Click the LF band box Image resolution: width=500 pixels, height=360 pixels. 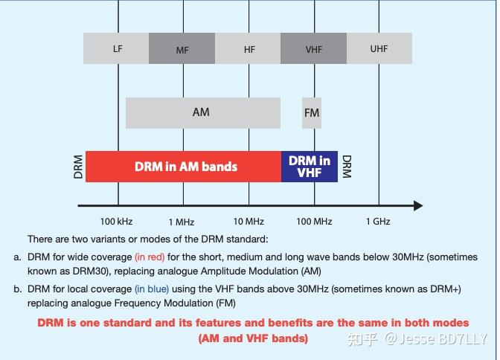coord(116,48)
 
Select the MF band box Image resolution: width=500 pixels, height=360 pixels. coord(182,48)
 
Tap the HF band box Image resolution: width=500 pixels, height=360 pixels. coord(248,48)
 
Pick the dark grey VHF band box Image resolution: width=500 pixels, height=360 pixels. coord(313,48)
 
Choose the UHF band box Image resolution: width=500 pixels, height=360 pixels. coord(379,48)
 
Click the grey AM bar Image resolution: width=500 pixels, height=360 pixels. coord(203,113)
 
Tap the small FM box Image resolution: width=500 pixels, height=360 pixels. coord(312,113)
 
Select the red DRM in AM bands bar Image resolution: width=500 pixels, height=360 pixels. coord(183,167)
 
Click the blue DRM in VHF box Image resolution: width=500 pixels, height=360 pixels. coord(310,167)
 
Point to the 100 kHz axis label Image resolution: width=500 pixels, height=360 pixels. coord(116,222)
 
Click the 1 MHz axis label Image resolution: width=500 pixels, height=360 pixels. coord(182,222)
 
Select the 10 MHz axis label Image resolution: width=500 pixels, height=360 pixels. coord(249,222)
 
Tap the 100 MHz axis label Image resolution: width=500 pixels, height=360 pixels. coord(315,222)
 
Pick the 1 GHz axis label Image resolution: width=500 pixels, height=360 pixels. coord(378,222)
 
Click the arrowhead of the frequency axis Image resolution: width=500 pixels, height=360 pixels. coord(418,206)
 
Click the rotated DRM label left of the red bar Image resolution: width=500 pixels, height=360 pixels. coord(78,167)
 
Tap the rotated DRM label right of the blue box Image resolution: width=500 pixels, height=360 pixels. coord(347,167)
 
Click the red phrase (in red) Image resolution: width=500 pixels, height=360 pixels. coord(150,257)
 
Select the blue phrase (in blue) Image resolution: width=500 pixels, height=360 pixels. coord(152,289)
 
